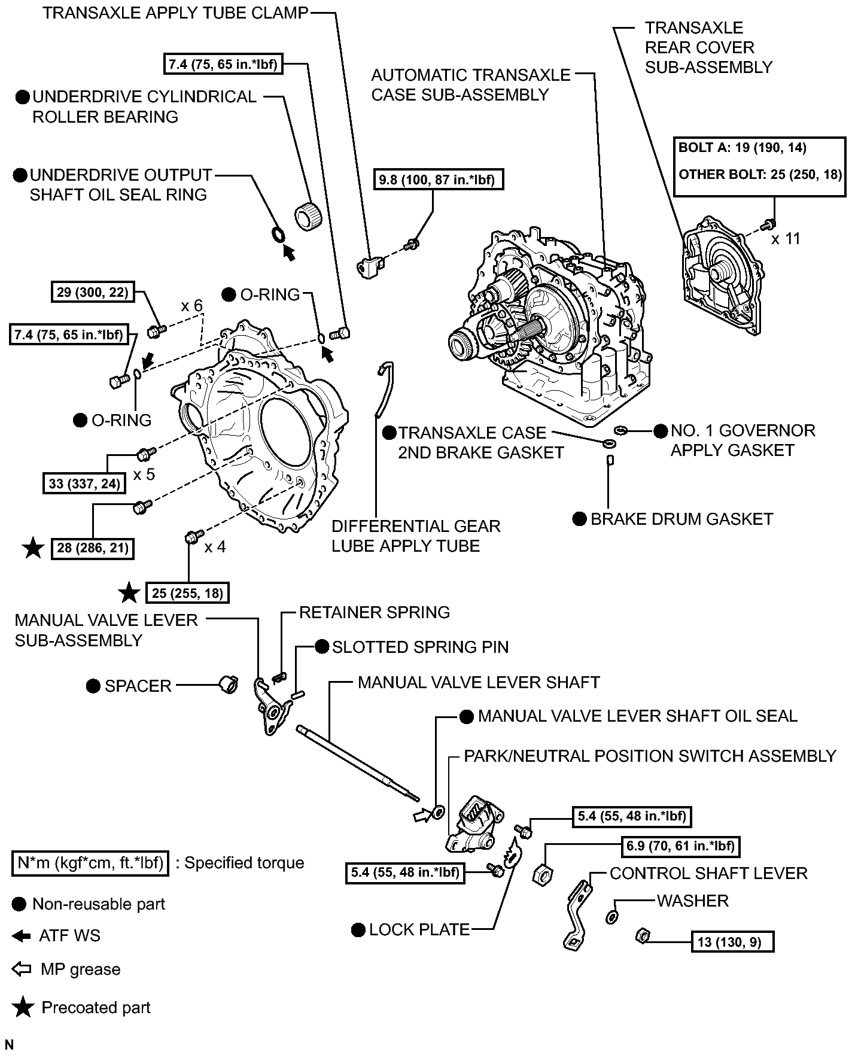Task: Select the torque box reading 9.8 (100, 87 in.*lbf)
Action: click(439, 179)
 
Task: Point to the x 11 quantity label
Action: click(786, 239)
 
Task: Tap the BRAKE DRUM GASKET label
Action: click(681, 519)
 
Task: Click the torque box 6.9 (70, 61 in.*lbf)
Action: click(678, 846)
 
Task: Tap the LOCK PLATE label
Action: click(419, 929)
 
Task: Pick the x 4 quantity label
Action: click(215, 547)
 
